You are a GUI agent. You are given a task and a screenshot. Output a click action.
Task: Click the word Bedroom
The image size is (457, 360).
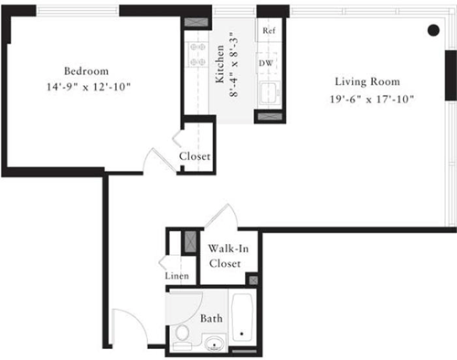coord(87,70)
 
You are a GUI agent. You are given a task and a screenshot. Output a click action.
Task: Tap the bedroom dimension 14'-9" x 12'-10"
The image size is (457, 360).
coord(87,87)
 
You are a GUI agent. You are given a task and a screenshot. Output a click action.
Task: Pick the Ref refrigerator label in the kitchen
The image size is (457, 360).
coord(269,30)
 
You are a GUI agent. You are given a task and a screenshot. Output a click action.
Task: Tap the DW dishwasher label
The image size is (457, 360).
coord(266,63)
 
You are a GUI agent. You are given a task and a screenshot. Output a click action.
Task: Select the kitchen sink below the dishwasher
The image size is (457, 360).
coord(269,92)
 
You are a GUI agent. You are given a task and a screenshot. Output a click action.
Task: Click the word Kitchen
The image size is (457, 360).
coord(220,67)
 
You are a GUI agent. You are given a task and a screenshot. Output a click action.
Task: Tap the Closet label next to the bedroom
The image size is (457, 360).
coord(195,156)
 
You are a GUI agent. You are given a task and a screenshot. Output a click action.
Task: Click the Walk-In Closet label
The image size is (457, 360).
coord(225,256)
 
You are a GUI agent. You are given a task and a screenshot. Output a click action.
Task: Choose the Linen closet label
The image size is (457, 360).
coord(177,275)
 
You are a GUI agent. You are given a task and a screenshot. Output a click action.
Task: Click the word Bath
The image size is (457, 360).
coord(212,319)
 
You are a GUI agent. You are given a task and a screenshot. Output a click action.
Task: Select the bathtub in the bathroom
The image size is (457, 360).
coord(244,321)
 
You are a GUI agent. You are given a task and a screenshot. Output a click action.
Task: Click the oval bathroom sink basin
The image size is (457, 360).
coord(214,344)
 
